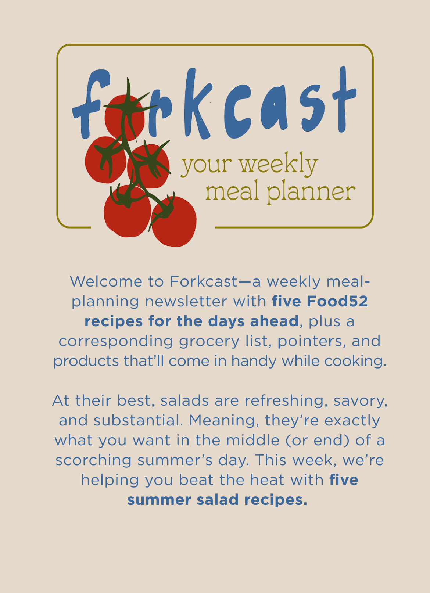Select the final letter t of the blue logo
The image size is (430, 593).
pos(344,99)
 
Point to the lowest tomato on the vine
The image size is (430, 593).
pos(174,221)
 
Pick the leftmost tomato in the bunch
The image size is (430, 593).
pos(105,159)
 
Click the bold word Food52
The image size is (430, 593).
pos(337,301)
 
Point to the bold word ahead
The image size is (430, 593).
pos(275,321)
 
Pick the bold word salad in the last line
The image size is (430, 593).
pos(217,500)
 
